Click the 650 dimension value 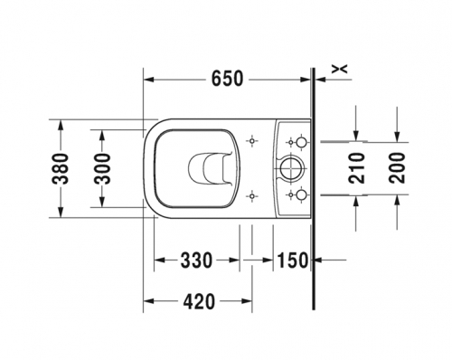point(227,79)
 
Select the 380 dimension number point(60,168)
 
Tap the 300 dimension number point(102,168)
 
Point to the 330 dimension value point(196,261)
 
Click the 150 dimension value point(293,261)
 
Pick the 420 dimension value point(199,301)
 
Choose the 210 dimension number point(356,168)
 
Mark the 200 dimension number point(397,168)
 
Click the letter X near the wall point(340,69)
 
